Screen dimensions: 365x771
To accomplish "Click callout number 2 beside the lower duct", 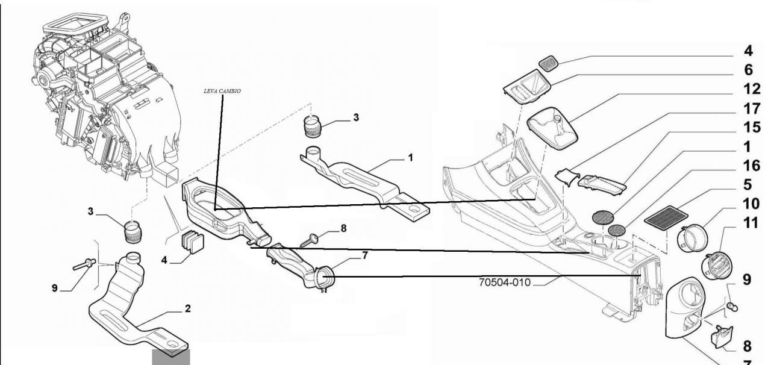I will tap(187, 308).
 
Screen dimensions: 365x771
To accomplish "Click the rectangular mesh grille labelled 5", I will tap(666, 214).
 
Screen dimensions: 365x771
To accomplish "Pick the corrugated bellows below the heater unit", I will tap(133, 232).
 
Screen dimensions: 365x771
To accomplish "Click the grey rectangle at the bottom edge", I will tap(170, 357).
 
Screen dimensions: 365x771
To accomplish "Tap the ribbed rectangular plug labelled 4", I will tap(192, 241).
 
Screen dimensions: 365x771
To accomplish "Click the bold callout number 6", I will tap(748, 70).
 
